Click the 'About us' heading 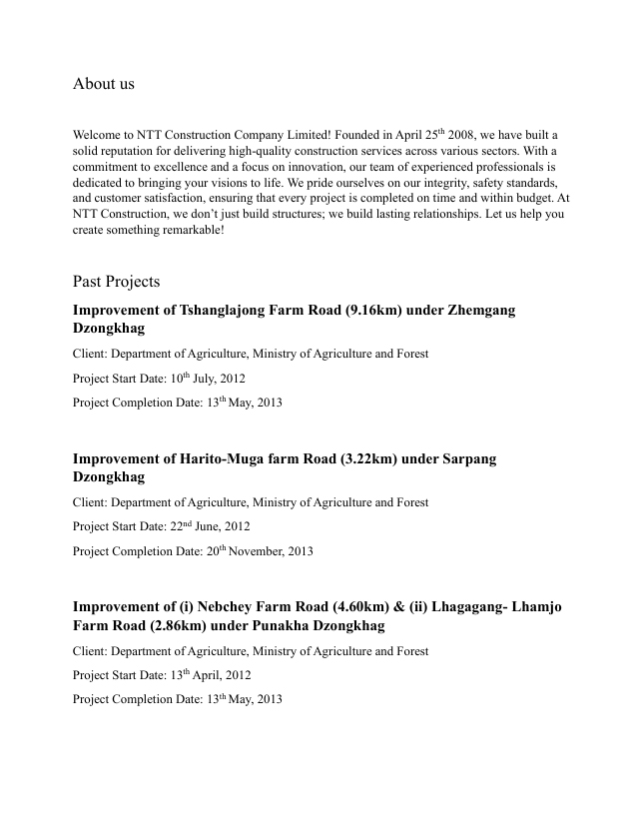[x=103, y=84]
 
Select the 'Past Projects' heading [x=116, y=282]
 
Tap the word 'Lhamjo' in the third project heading [x=538, y=607]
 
